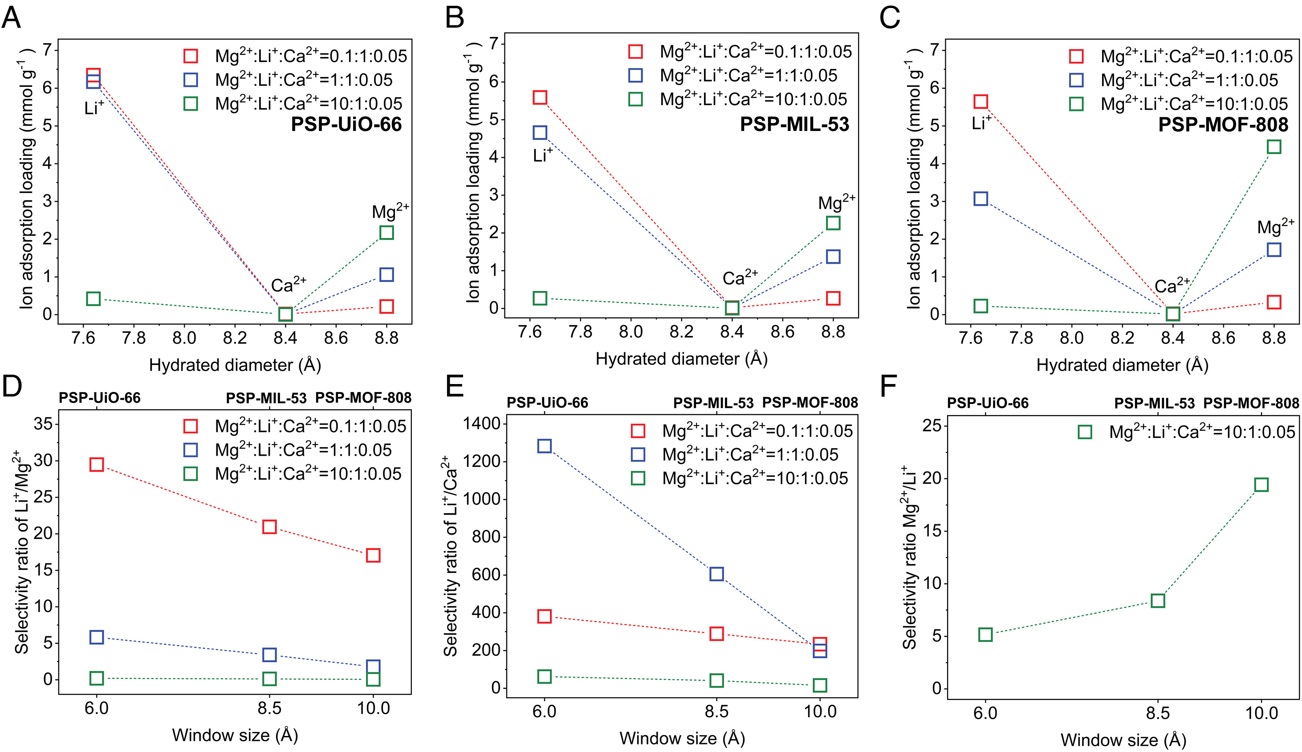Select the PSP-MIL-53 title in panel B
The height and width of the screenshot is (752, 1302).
point(794,124)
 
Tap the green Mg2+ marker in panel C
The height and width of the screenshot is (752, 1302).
point(1274,147)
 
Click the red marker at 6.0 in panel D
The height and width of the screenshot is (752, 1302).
point(97,464)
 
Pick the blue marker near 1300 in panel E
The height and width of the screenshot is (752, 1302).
point(544,446)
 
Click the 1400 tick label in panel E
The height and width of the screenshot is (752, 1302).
point(482,424)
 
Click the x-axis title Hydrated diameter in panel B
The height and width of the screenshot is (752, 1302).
point(681,359)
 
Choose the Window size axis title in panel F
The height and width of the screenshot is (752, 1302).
point(1123,740)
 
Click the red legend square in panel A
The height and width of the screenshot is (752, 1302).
point(191,56)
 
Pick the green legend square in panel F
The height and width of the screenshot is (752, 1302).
point(1085,432)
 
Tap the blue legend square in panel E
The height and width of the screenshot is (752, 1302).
point(638,454)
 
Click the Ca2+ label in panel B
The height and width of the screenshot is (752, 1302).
point(740,278)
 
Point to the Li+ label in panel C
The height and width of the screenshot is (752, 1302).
point(981,123)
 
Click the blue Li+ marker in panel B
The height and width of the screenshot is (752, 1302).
point(540,133)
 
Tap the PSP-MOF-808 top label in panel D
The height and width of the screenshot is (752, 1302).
point(363,398)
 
